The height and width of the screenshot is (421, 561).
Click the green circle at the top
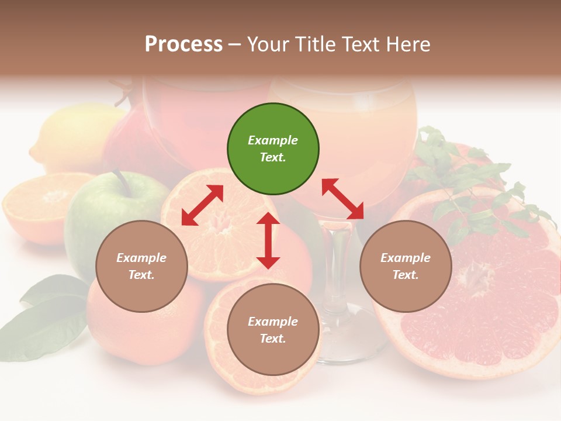(273, 149)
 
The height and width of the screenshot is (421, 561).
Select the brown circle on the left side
(141, 266)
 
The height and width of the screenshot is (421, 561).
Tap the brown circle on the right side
(406, 266)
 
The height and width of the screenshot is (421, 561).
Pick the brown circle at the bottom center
(273, 330)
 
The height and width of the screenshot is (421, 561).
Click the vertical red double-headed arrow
(268, 240)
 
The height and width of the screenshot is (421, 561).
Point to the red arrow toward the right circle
(342, 199)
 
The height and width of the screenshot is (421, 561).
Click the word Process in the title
(183, 44)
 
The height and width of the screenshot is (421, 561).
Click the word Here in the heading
(407, 44)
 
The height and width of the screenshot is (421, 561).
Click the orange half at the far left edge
(35, 205)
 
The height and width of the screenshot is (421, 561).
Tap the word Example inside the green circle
(273, 140)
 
